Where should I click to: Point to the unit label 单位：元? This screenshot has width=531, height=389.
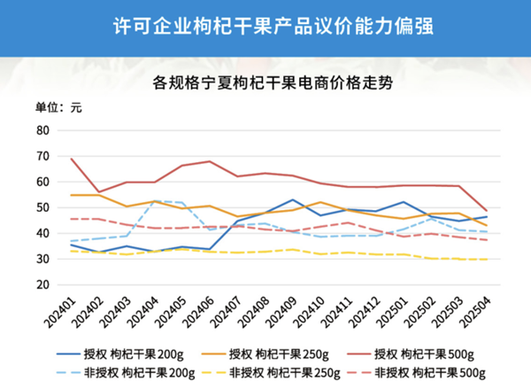[x=58, y=108]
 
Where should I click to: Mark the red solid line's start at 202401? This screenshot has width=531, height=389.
[x=72, y=159]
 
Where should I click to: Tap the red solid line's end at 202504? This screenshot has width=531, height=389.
[x=485, y=210]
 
